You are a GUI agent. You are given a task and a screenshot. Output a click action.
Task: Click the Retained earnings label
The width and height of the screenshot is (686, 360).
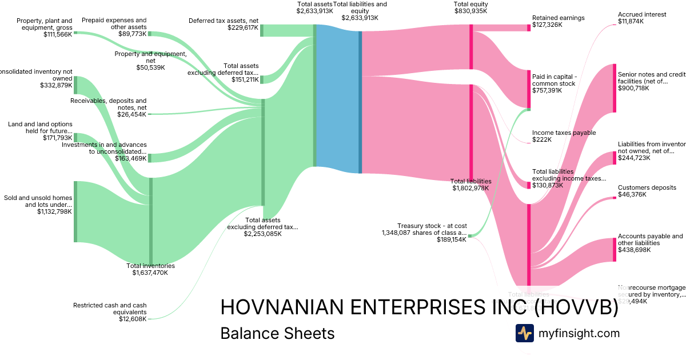(x=558, y=18)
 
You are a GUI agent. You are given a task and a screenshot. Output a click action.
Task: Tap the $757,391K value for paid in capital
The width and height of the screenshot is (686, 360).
(x=548, y=91)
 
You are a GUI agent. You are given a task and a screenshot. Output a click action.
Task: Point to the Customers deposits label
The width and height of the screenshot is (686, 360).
(x=647, y=187)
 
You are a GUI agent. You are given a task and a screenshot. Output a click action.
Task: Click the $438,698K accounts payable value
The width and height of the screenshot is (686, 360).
(x=634, y=250)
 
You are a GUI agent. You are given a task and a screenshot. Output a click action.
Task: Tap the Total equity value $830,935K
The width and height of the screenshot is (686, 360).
(x=470, y=11)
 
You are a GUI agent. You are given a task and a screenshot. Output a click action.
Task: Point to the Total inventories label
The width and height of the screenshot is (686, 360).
(x=150, y=266)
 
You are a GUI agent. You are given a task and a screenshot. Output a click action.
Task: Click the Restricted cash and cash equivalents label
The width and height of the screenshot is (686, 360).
(x=110, y=309)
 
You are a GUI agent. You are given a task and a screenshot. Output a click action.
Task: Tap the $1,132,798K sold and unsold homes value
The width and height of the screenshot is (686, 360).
(x=54, y=212)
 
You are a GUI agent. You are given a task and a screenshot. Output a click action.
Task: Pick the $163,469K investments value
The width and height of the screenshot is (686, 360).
(x=130, y=158)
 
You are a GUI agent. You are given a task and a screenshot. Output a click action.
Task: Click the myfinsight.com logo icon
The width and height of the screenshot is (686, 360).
(x=524, y=333)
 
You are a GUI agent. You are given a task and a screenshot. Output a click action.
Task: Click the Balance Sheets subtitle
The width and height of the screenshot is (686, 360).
(x=277, y=333)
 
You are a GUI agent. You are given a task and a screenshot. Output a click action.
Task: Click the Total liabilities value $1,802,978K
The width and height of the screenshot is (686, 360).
(x=470, y=188)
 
